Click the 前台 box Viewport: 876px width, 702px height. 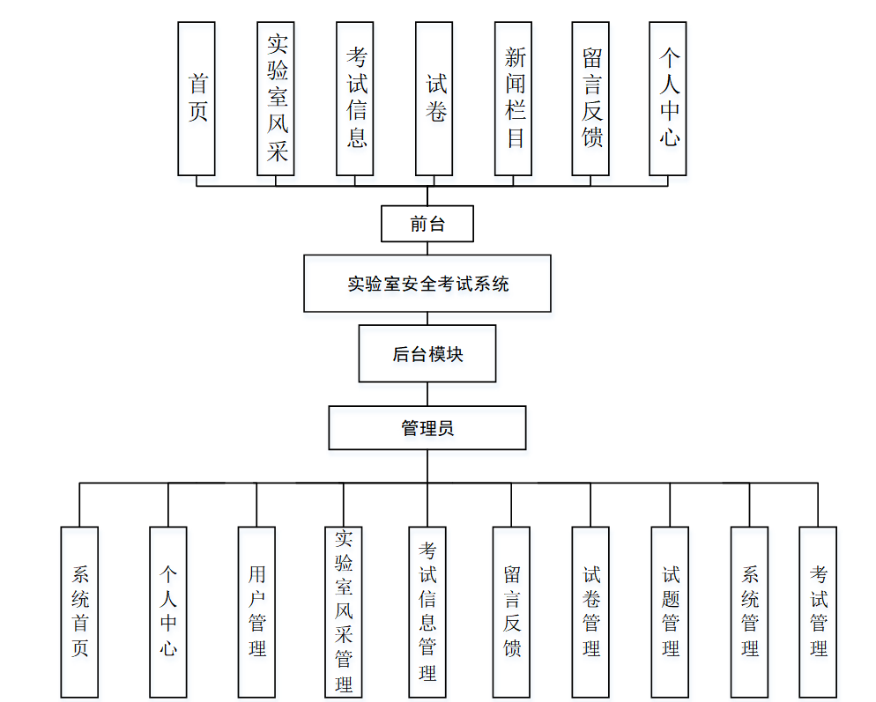(427, 224)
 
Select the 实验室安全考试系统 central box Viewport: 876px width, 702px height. (427, 284)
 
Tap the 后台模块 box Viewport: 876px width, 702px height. (427, 354)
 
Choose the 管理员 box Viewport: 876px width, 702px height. (427, 428)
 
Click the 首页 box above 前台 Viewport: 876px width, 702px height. (197, 99)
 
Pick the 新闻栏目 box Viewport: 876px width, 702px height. (514, 99)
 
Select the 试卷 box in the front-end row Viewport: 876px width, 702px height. (434, 99)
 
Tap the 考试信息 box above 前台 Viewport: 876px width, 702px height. (355, 99)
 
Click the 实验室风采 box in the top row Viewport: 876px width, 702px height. (276, 99)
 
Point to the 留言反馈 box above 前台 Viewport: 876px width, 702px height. (591, 99)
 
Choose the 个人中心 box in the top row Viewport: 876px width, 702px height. (668, 99)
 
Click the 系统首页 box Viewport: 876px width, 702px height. (79, 612)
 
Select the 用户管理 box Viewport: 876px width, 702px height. (256, 612)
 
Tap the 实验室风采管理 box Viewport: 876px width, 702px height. (344, 612)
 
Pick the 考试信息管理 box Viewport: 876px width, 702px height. (427, 612)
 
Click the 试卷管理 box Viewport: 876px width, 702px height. (590, 612)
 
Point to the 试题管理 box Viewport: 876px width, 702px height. (670, 612)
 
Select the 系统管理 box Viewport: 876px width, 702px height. (749, 612)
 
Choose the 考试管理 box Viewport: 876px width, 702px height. (818, 612)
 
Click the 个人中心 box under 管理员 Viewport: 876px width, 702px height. (168, 612)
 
